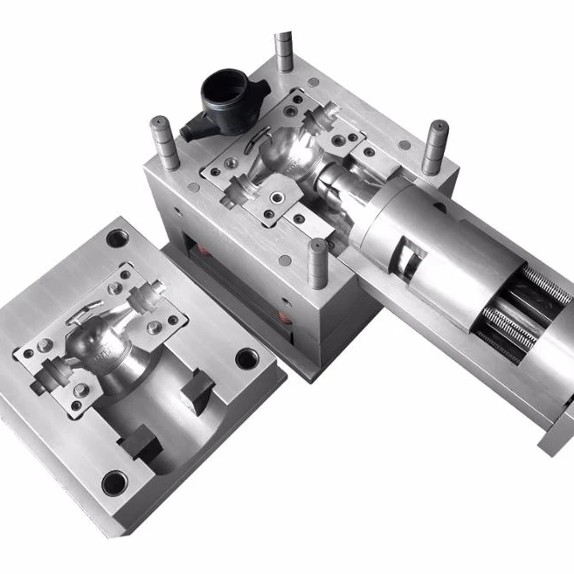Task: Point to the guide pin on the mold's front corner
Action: (318, 261)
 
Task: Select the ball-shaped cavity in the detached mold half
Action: (95, 340)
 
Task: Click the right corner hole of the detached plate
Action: (247, 358)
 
